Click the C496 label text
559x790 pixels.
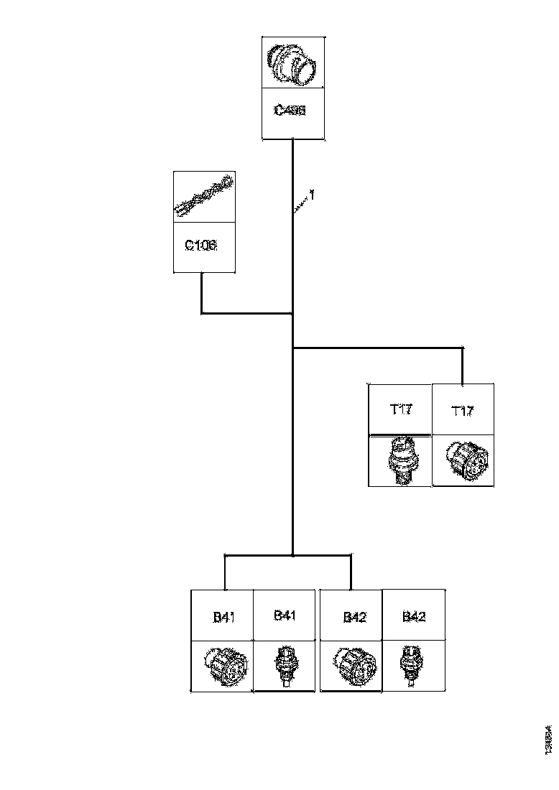pyautogui.click(x=290, y=111)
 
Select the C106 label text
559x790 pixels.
pyautogui.click(x=201, y=245)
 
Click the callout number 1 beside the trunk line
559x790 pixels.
pyautogui.click(x=312, y=195)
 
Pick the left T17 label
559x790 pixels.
pyautogui.click(x=401, y=409)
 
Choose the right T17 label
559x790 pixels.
pyautogui.click(x=462, y=411)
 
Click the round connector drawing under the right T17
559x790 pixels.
pyautogui.click(x=463, y=460)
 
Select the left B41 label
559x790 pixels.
pyautogui.click(x=223, y=617)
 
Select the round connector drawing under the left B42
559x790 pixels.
pyautogui.click(x=351, y=665)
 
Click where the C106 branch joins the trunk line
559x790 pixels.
pyautogui.click(x=292, y=313)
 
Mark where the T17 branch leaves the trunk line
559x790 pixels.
pyautogui.click(x=293, y=348)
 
